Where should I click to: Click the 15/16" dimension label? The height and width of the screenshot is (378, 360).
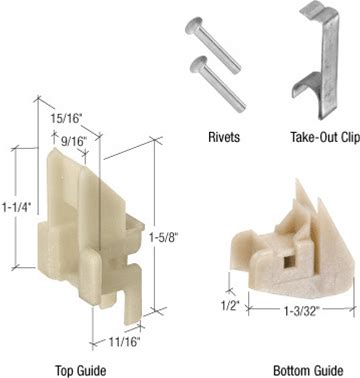(66, 118)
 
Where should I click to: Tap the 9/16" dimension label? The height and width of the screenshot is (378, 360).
(73, 141)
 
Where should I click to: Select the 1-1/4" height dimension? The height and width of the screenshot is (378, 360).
(16, 207)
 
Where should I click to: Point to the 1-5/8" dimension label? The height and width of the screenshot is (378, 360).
(164, 238)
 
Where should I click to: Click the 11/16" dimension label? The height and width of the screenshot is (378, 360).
(124, 342)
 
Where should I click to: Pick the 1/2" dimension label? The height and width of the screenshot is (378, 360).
(231, 305)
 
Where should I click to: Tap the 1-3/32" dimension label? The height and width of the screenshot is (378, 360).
(302, 311)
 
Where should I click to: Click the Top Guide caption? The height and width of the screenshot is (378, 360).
(80, 370)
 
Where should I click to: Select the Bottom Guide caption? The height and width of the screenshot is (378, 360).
(308, 370)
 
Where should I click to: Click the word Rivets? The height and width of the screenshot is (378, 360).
(224, 137)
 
